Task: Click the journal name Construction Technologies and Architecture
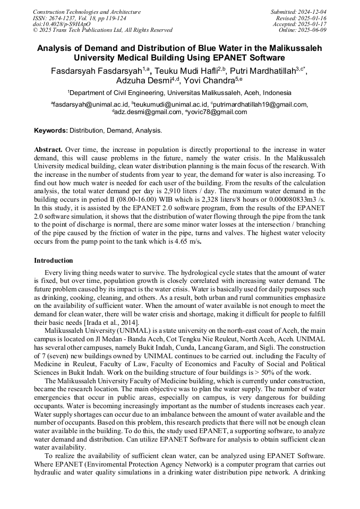pos(87,12)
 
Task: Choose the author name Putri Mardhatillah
pos(264,70)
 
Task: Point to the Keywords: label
pos(51,131)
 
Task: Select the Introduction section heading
pos(54,261)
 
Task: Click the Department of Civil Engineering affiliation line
pos(179,92)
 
